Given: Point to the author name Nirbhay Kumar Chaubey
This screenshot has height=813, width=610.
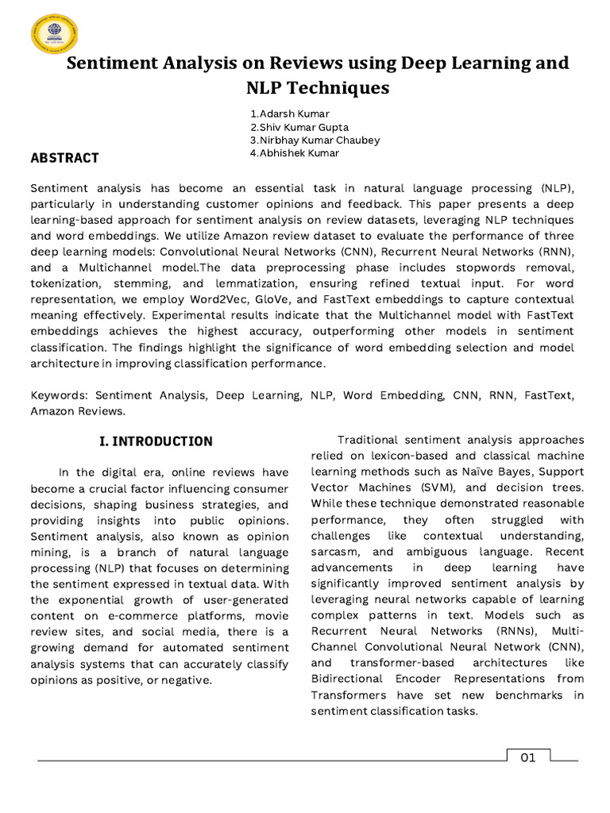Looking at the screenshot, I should (315, 140).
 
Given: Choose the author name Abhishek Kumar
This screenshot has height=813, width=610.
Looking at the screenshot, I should (294, 153).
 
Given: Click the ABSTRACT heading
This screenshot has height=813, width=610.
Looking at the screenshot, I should (64, 158).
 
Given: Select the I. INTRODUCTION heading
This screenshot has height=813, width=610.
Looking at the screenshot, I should (156, 441).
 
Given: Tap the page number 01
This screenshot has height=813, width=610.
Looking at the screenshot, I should (528, 757).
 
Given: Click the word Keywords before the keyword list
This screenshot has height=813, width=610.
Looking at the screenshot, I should (59, 395).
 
